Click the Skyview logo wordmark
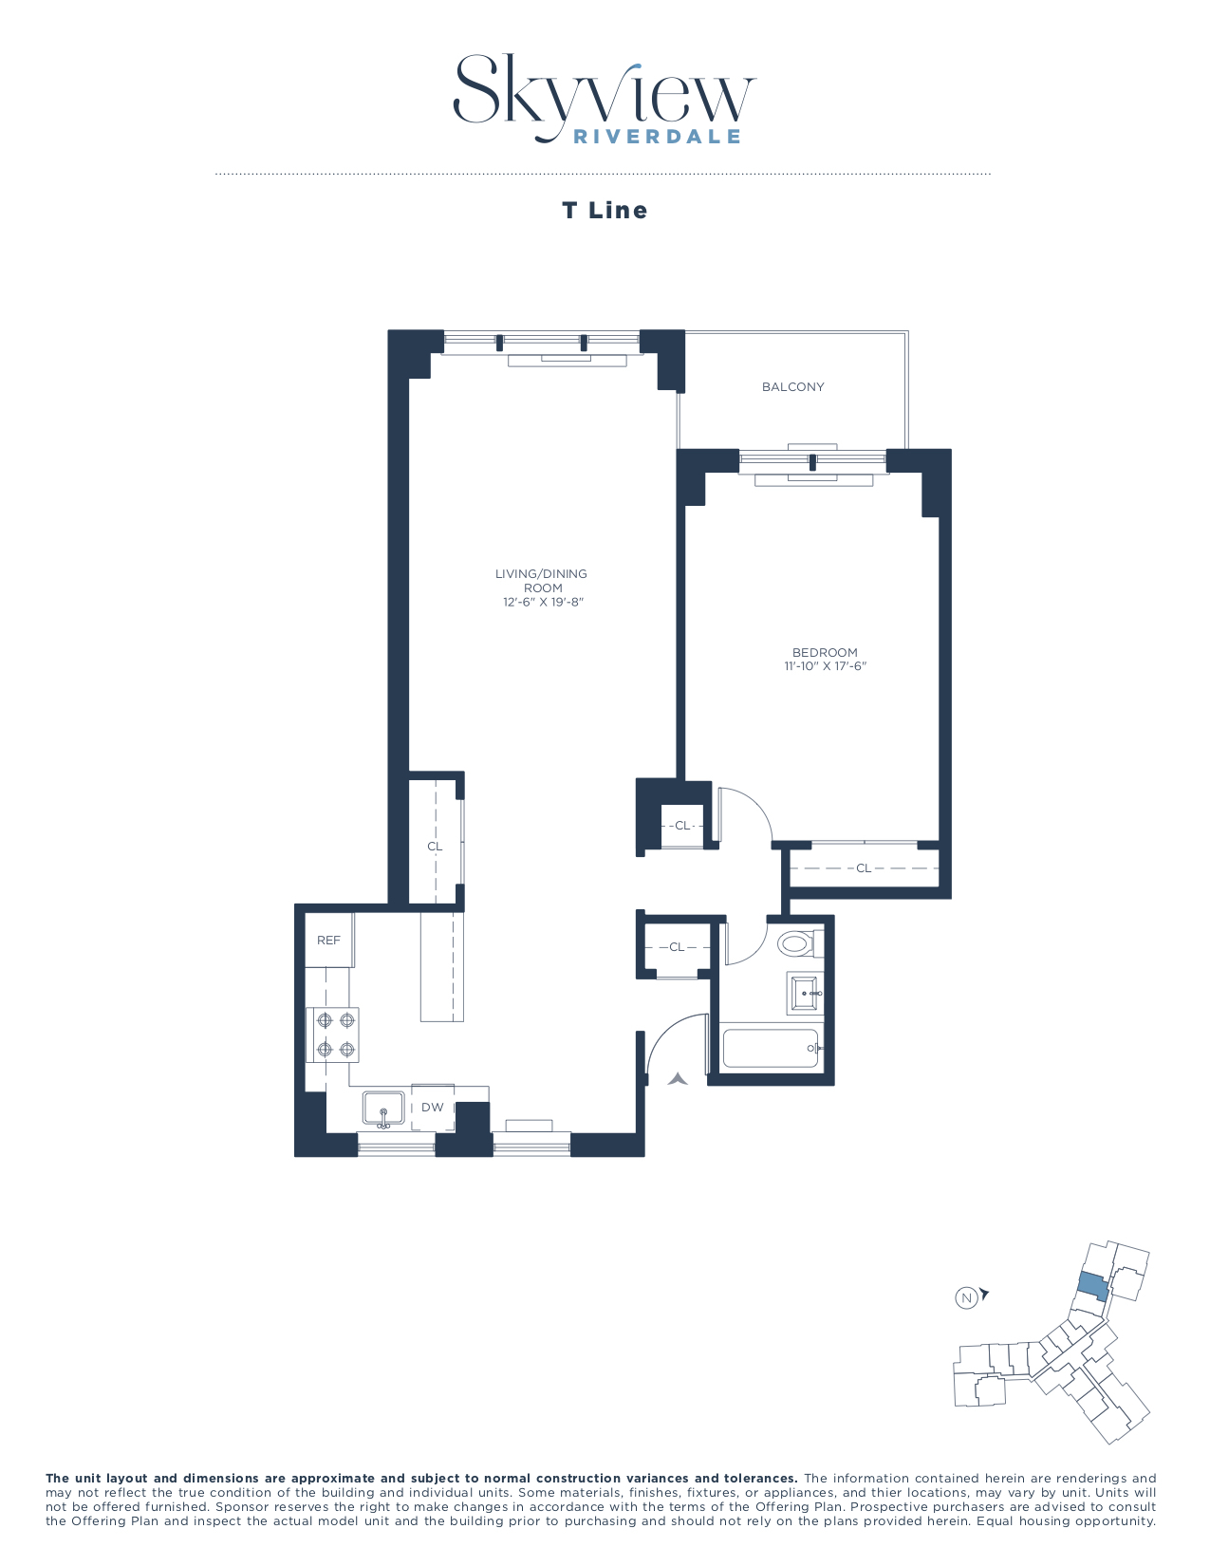604,90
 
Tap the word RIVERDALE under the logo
657,137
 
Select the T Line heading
605,211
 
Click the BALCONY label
793,387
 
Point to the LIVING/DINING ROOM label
542,580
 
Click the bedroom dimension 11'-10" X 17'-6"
826,666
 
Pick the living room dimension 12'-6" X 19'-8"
543,603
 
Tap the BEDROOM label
825,652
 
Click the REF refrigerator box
328,941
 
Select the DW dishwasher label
433,1108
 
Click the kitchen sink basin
383,1109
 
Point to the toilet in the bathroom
795,943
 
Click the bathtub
770,1049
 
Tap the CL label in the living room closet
435,847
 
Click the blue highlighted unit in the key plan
1092,1288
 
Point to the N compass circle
966,1298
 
